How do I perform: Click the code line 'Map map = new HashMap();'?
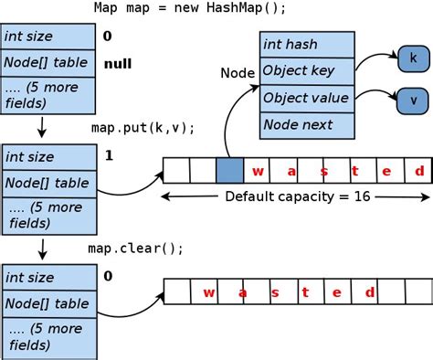point(189,8)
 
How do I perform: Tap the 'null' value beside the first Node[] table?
point(118,64)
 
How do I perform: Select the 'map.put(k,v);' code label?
point(143,127)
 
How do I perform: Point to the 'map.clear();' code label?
point(136,248)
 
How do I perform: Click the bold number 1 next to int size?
point(109,156)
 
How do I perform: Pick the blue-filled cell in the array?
point(229,171)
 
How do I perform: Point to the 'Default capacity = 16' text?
point(298,196)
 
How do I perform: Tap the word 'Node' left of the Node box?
point(238,72)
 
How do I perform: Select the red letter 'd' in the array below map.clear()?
point(369,292)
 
